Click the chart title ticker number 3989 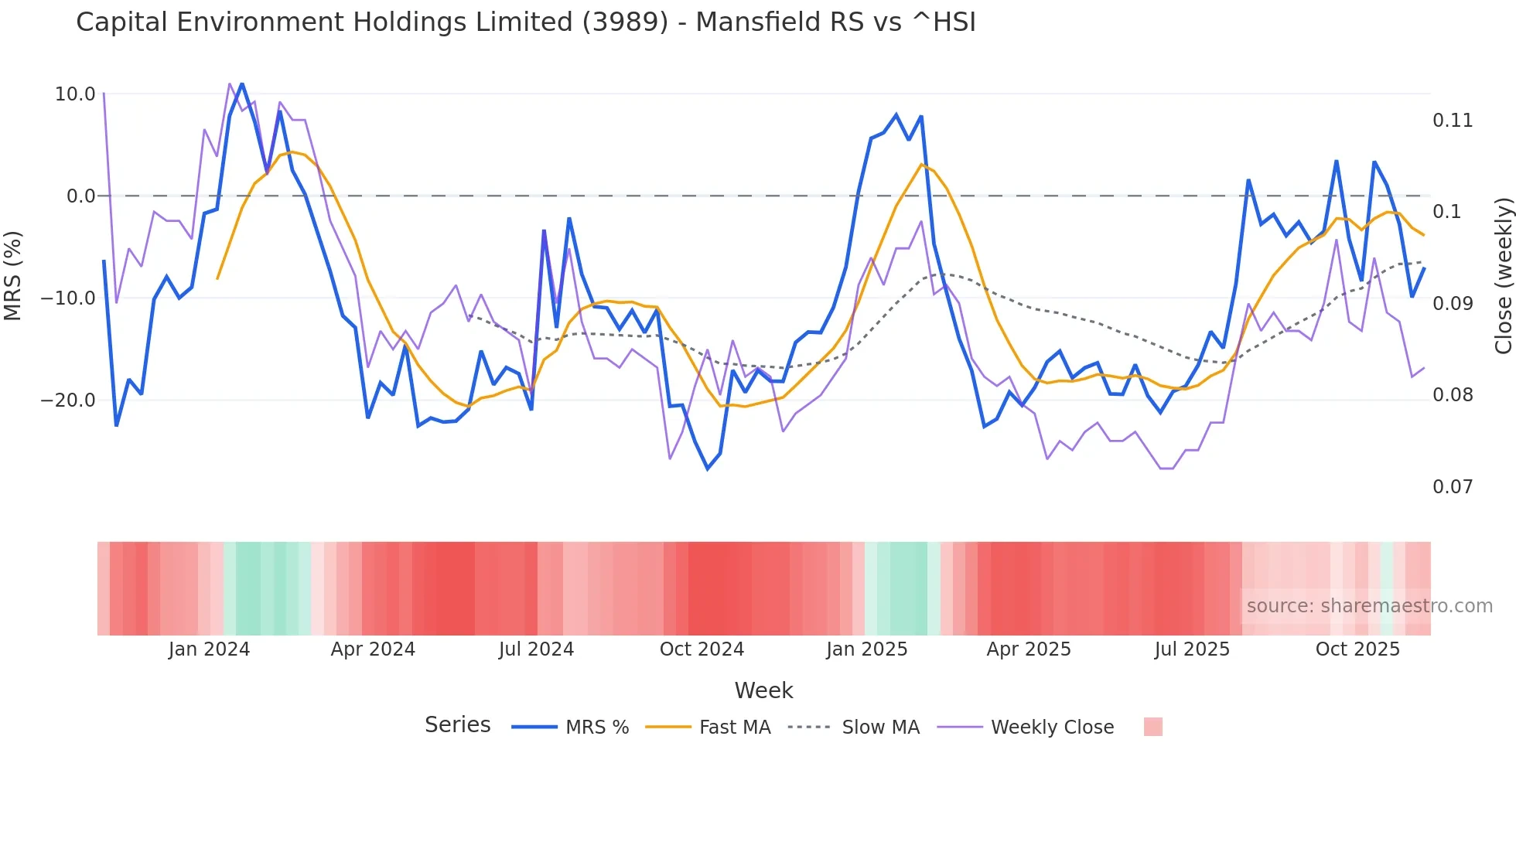(625, 22)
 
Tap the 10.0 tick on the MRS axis (75, 94)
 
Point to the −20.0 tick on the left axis (68, 400)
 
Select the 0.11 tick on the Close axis (1452, 121)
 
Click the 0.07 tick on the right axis (1452, 487)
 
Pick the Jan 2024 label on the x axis (209, 649)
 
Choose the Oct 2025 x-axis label (1357, 649)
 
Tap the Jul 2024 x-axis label (536, 649)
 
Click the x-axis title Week (763, 690)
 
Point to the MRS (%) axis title (13, 275)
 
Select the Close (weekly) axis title (1503, 275)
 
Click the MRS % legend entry (596, 728)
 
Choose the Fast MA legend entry (734, 728)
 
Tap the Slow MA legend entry (880, 728)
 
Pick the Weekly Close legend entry (1052, 728)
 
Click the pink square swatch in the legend (1152, 727)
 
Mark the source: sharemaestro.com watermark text (1369, 606)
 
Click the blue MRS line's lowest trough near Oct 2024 (707, 469)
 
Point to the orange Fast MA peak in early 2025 (921, 165)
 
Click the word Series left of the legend (457, 725)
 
